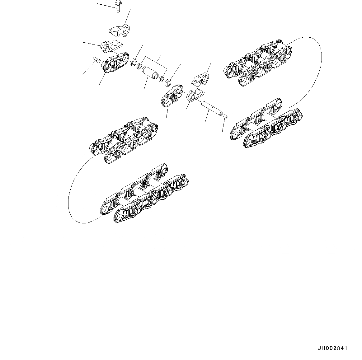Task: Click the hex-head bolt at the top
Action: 118,6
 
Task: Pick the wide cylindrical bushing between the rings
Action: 150,73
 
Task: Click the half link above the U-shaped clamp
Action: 200,78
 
